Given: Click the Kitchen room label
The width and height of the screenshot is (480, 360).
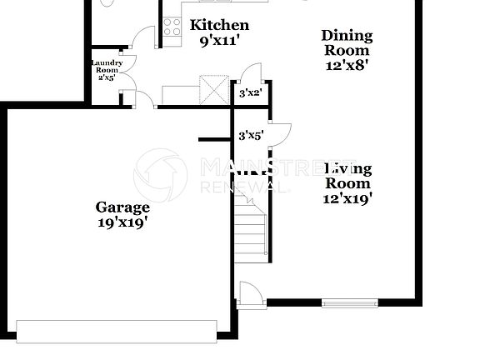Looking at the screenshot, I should coord(219,26).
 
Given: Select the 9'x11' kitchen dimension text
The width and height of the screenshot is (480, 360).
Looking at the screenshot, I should coord(219,40).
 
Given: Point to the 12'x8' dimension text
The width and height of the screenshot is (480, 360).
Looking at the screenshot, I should coord(347,62).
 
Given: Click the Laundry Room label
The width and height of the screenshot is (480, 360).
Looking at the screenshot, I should coord(107,66).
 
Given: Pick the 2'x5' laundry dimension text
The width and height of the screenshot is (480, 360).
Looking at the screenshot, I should coord(107,79).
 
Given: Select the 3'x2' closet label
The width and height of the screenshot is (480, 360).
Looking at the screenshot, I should coord(250,92).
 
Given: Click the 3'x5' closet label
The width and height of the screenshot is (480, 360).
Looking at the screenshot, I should coord(251,134).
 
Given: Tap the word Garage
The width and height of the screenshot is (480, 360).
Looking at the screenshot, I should coord(122,207).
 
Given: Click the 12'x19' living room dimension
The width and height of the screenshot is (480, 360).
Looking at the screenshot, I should coord(347,198).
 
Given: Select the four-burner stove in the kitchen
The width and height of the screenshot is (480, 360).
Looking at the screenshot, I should coord(172,27).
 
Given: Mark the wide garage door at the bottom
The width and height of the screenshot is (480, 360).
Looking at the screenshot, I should coord(122,331).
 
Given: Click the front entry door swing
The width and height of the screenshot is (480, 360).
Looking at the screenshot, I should coord(250,293).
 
